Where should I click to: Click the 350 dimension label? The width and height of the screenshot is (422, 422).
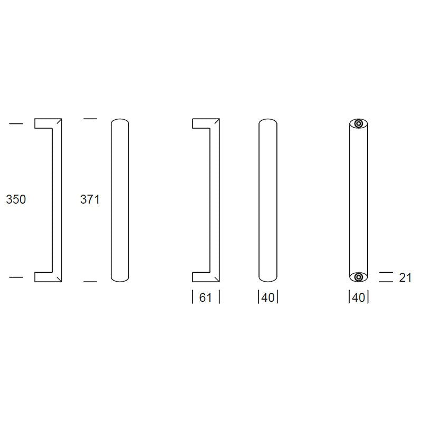click(x=16, y=199)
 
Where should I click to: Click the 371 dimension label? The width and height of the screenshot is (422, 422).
click(x=90, y=199)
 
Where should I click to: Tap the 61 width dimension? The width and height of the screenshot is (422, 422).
click(x=205, y=298)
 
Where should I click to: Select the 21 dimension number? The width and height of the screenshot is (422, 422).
click(x=405, y=277)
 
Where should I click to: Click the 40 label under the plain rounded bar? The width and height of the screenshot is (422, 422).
click(x=268, y=298)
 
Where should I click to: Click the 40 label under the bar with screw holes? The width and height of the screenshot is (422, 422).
click(x=358, y=298)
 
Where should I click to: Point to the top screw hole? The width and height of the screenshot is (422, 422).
click(x=358, y=124)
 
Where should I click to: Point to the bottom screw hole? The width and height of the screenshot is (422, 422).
click(x=358, y=277)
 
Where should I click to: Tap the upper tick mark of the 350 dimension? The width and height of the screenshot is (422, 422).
click(x=16, y=123)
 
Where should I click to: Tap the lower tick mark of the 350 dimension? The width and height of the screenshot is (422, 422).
click(x=16, y=276)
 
